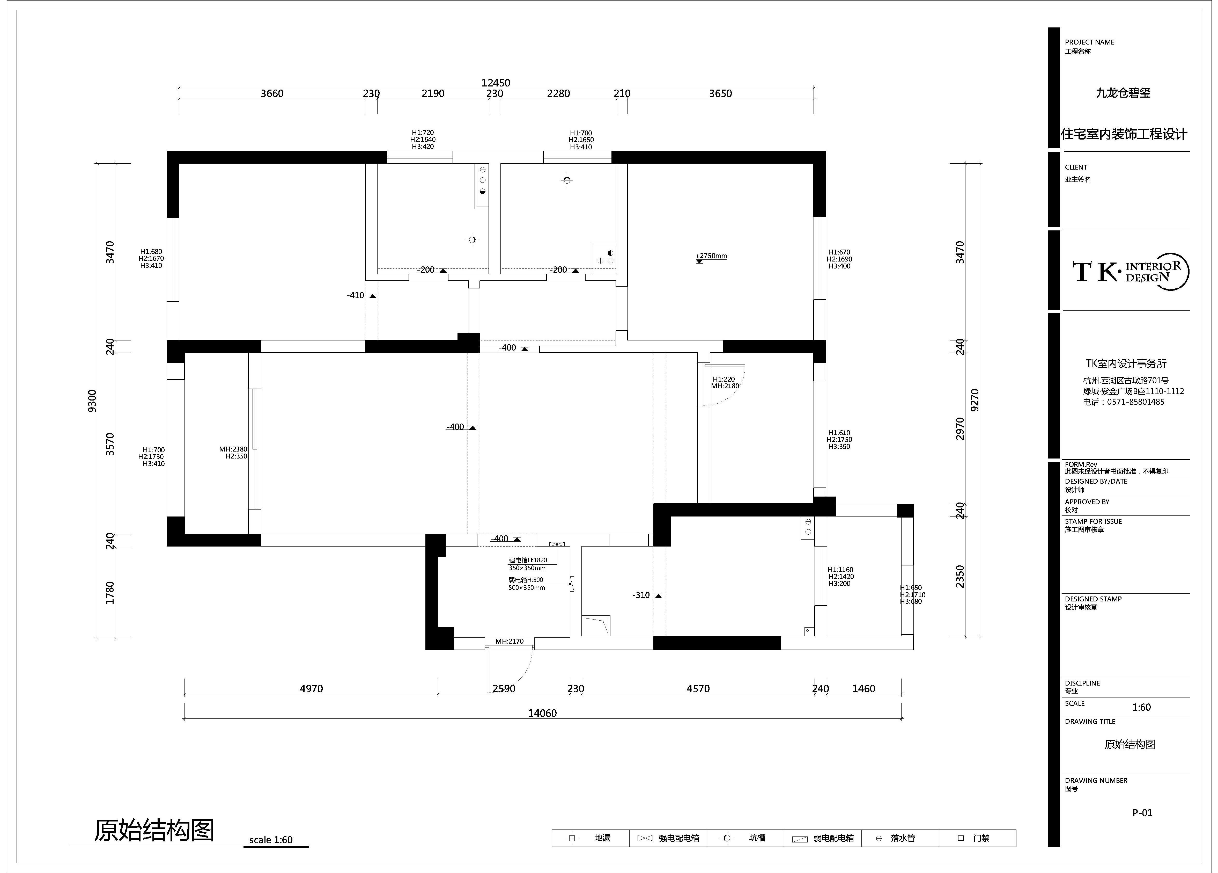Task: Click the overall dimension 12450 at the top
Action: point(496,83)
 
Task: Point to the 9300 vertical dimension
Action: point(92,401)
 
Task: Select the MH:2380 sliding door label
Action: point(233,449)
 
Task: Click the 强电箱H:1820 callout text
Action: point(528,560)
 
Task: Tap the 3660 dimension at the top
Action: point(272,93)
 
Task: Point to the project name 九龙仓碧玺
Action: point(1123,93)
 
